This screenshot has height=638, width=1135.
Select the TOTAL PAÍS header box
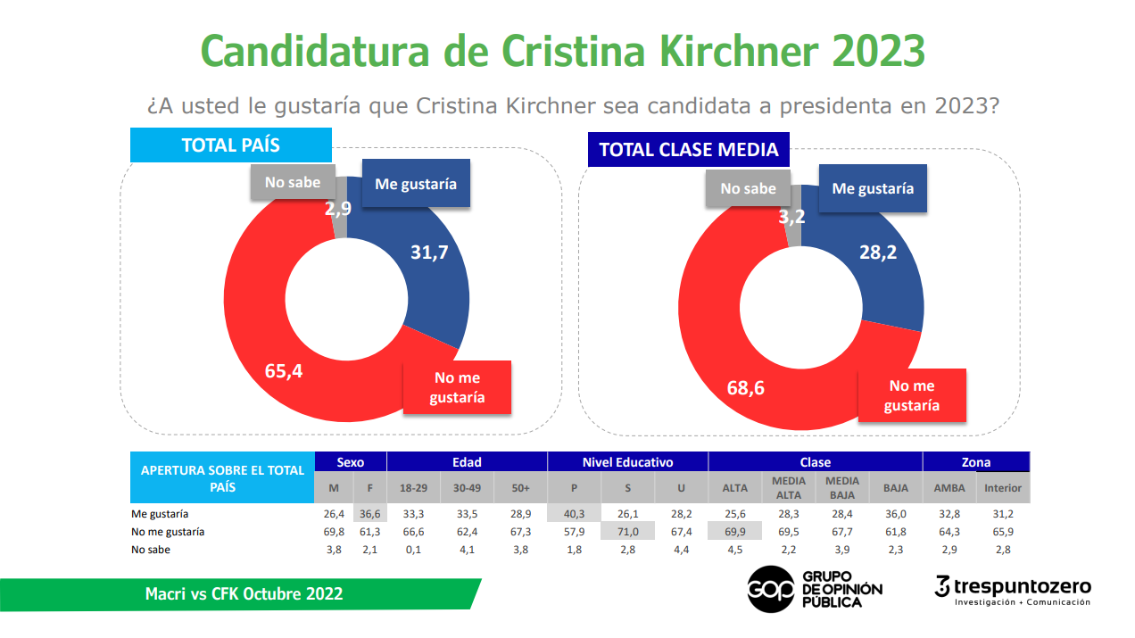point(231,145)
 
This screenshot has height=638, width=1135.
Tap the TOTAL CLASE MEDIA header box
point(688,149)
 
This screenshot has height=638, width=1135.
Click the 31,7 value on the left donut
point(429,253)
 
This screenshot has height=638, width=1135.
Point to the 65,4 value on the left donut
point(284,370)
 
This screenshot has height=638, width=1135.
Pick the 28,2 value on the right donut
point(878,253)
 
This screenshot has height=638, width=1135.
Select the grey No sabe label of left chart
point(292,182)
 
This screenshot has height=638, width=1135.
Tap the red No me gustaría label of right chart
point(911,395)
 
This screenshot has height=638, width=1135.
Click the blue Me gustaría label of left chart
point(415,184)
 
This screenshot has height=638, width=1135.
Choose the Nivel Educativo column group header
point(627,462)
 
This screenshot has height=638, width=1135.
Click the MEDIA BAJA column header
point(842,487)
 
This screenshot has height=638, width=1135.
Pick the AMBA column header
point(949,488)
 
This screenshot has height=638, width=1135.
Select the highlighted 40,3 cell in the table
point(573,514)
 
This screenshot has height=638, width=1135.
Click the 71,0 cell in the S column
point(627,531)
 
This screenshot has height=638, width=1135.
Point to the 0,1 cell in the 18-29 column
point(412,549)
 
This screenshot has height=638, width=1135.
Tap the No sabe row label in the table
point(152,549)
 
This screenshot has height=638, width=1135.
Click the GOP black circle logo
point(770,588)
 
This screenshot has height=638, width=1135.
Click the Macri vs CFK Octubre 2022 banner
point(243,594)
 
